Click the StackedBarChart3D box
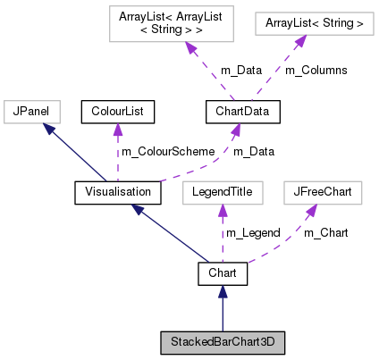[223, 341]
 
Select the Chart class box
[222, 274]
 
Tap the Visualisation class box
[117, 191]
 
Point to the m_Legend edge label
[253, 232]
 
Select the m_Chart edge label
[325, 232]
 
